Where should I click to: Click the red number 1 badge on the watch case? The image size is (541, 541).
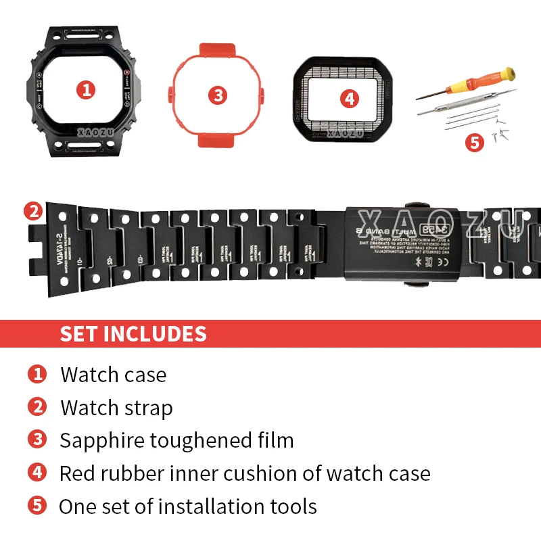(85, 89)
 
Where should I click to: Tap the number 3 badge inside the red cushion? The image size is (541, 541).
(217, 95)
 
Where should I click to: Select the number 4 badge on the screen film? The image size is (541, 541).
(348, 99)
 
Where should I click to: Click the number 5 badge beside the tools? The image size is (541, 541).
(475, 143)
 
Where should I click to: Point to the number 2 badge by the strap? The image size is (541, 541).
(32, 211)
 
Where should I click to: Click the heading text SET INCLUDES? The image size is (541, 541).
(133, 334)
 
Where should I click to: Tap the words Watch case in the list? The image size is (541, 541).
(113, 375)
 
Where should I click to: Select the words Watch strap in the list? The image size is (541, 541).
(116, 408)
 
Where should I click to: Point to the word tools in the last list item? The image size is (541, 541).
(291, 506)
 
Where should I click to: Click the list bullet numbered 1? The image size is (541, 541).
(37, 374)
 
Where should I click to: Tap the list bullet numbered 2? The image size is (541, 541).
(37, 407)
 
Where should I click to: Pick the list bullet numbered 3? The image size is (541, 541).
(37, 440)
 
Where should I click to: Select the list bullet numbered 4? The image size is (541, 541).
(37, 472)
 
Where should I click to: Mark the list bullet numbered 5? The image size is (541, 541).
(37, 505)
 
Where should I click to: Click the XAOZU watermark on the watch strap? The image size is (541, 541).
(440, 221)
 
